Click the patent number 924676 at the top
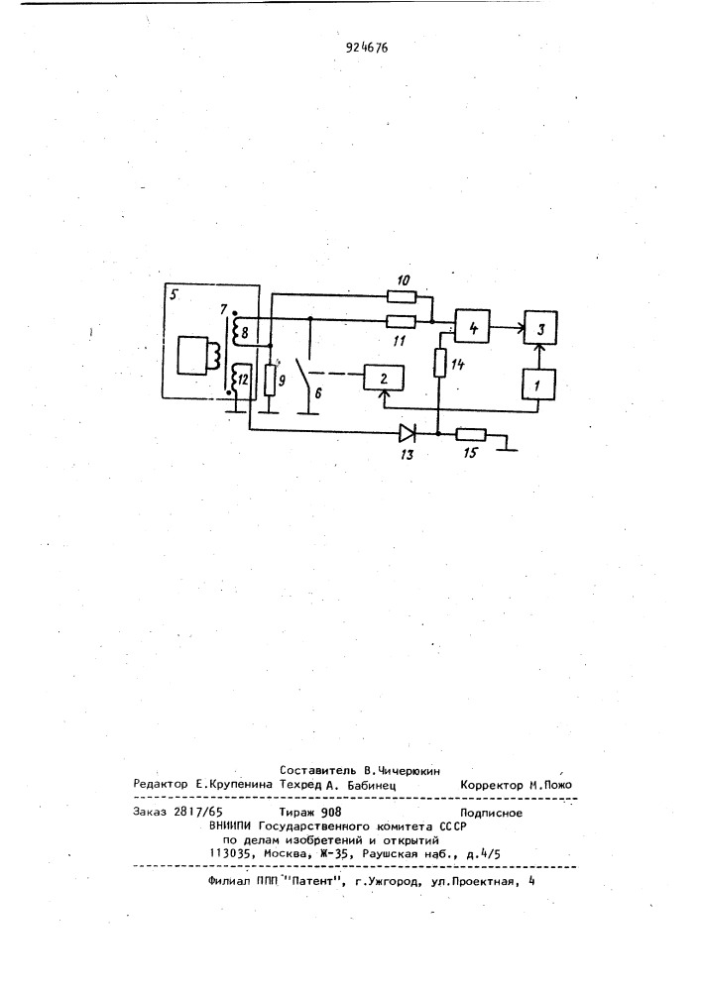point(367,48)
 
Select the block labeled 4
point(473,327)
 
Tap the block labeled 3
point(539,327)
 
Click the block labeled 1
point(538,385)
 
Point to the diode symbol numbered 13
point(408,434)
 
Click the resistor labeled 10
point(401,295)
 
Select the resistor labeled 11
point(401,322)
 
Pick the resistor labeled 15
point(471,434)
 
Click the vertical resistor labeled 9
point(270,380)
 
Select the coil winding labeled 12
point(235,381)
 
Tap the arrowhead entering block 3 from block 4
point(520,327)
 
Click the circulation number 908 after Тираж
point(331,813)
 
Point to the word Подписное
point(491,813)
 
